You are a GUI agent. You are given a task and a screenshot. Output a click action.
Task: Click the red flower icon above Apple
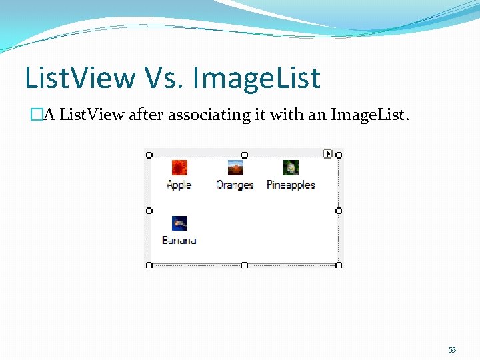point(179,167)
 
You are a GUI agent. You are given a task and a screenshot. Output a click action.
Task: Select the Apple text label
point(179,185)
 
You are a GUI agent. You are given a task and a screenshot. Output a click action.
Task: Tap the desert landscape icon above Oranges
point(235,167)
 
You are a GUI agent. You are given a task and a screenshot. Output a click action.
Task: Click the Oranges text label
point(235,185)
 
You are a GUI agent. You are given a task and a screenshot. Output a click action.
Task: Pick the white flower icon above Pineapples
point(291,167)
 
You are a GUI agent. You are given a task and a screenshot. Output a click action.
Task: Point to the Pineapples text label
point(291,185)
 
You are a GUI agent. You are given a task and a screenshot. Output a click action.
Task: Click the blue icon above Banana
point(179,223)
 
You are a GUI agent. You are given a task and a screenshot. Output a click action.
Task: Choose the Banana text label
point(179,240)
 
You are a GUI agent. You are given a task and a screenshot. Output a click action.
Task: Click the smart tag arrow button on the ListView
point(328,153)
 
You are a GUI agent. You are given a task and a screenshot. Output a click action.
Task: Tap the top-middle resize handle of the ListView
point(244,155)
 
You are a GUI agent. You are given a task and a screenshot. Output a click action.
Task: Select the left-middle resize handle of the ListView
point(149,210)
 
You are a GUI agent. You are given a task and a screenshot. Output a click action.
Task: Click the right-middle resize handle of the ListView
point(339,210)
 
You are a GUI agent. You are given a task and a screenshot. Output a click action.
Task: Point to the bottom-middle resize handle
point(244,265)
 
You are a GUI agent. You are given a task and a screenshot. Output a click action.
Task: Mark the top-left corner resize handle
point(149,155)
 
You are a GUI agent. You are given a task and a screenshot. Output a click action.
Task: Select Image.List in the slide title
point(257,78)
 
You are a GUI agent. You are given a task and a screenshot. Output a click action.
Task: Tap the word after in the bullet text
point(145,115)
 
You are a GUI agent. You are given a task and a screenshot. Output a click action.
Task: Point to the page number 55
point(452,350)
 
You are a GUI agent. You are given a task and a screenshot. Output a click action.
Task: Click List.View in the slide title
point(79,78)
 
